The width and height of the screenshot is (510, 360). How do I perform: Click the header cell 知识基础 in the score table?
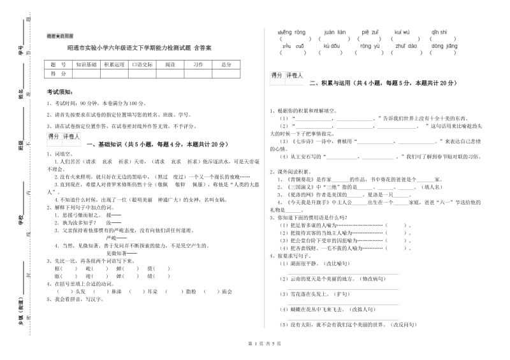click(87, 64)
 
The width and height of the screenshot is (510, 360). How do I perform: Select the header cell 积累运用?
click(114, 64)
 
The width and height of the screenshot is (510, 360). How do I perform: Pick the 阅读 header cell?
click(170, 64)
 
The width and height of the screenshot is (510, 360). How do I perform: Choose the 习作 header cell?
click(198, 64)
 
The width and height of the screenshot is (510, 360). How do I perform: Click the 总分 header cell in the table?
click(226, 64)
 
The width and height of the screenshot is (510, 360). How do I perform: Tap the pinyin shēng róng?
click(293, 31)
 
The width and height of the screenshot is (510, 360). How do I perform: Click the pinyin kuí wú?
click(402, 31)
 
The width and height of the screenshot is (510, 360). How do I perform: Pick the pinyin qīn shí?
click(439, 31)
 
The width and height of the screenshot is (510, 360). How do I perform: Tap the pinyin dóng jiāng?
click(444, 46)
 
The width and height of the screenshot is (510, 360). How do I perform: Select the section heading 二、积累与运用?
click(382, 83)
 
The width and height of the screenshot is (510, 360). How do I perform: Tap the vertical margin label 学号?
click(21, 51)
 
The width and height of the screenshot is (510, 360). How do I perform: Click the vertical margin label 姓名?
click(21, 96)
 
